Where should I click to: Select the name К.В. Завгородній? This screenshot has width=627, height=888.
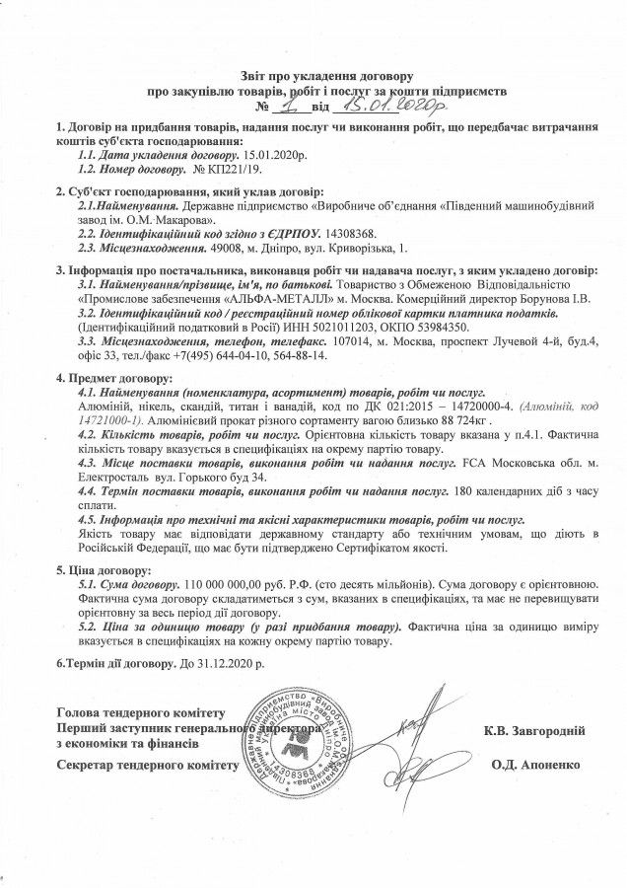pos(535,731)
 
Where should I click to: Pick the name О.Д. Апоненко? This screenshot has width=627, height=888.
pos(538,765)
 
